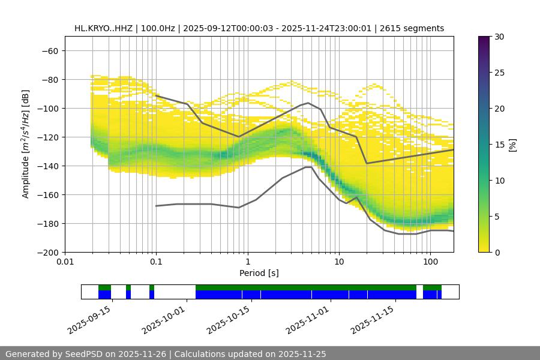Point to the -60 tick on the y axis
tap(49, 50)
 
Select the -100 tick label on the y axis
tap(47, 108)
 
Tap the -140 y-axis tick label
tap(47, 166)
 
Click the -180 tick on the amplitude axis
tap(47, 223)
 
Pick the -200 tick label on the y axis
tap(47, 252)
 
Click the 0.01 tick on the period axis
tap(65, 262)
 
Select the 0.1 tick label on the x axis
tap(156, 262)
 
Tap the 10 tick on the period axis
tap(339, 262)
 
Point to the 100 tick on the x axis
tap(430, 262)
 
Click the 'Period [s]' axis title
tap(259, 273)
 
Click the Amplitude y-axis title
tap(26, 144)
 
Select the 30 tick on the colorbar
tap(499, 37)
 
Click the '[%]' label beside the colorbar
tap(512, 144)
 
